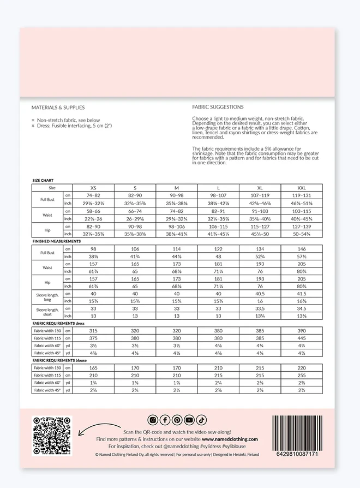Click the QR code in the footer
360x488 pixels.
coord(52,436)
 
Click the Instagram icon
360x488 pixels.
coord(153,420)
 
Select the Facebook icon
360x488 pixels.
coord(165,420)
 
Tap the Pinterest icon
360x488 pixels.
coord(177,420)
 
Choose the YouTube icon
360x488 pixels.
coord(189,420)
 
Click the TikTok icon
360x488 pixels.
coord(201,420)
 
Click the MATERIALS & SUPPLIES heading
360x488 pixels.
coord(58,108)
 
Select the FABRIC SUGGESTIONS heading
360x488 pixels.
coord(218,107)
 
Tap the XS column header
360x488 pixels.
coord(93,187)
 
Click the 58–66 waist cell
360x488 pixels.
coord(93,211)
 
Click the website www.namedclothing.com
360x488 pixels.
coord(230,439)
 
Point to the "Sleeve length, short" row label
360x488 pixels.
coord(47,312)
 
